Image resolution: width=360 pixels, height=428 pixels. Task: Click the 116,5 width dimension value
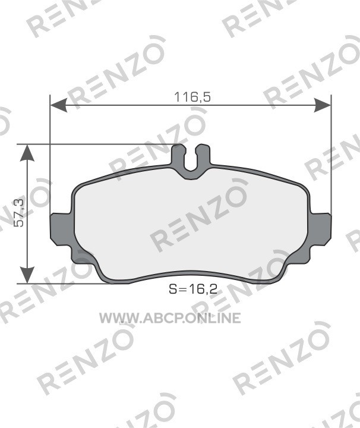point(192,97)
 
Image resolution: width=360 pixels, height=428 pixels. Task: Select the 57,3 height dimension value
point(20,213)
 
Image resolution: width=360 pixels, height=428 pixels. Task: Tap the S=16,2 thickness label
point(193,289)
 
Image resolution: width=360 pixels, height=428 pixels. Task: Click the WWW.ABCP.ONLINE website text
point(170,318)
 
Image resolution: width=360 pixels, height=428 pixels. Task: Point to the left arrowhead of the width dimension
point(59,105)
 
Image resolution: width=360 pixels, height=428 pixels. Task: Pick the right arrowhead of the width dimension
point(323,105)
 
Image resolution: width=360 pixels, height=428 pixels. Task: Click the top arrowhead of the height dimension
point(27,153)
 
